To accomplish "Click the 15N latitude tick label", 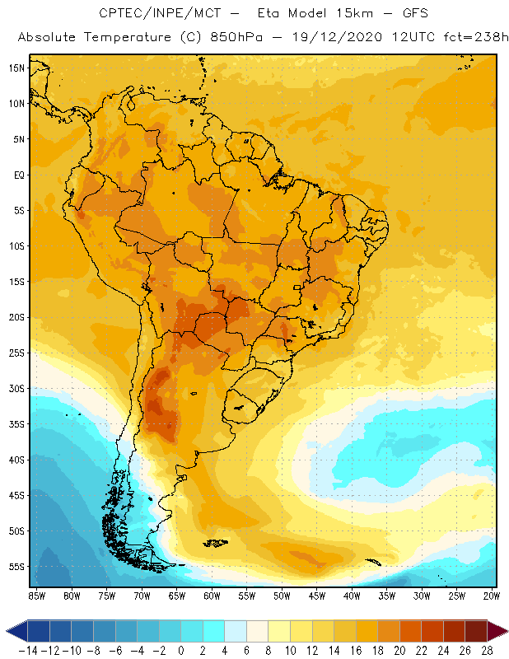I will (x=16, y=68).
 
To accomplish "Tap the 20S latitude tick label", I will (x=16, y=317).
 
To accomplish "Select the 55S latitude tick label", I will (x=16, y=567).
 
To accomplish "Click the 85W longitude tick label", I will (x=37, y=596).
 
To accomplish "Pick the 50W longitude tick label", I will (x=283, y=596).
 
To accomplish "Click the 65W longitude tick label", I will (x=177, y=596).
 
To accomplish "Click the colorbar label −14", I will (x=28, y=651).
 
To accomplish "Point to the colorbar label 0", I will (x=181, y=651).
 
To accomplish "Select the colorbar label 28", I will (x=486, y=651).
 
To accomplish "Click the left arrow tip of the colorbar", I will (x=7, y=631).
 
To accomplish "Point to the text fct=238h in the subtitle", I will (x=467, y=38).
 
